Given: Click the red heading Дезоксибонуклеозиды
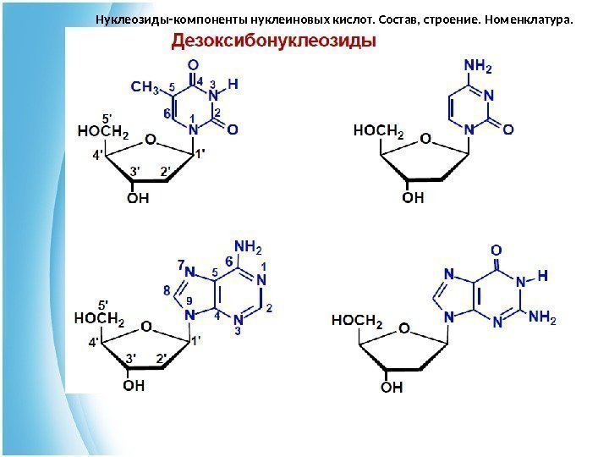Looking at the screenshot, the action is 275,41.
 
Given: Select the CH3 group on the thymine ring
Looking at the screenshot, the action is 145,86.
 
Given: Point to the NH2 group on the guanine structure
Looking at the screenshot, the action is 542,318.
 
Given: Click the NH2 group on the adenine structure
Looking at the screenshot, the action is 248,247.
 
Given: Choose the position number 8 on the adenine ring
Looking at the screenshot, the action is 166,291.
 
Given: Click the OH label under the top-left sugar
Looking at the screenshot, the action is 137,198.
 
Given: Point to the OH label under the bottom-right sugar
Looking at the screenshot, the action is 391,388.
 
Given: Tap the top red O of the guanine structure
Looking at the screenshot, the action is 496,251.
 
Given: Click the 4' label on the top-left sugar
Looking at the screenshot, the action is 98,156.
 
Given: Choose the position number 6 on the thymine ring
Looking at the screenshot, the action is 167,113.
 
